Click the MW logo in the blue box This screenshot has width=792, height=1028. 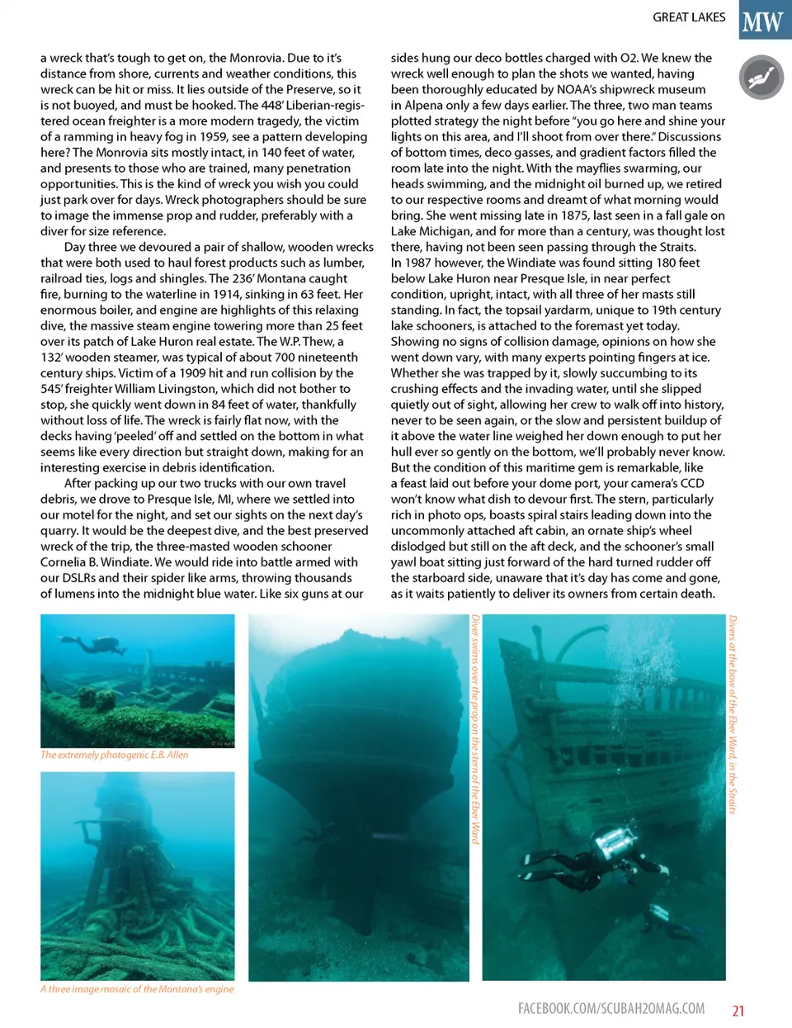[x=764, y=20]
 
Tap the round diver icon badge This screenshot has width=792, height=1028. [x=761, y=78]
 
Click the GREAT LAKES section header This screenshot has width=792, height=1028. [x=689, y=17]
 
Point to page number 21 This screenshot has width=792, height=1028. [x=738, y=1011]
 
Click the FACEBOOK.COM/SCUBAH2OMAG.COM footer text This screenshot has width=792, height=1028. [x=611, y=1008]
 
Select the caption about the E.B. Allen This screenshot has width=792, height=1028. [x=115, y=755]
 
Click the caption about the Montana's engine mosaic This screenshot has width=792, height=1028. [x=137, y=988]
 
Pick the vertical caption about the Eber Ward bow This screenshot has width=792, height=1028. [x=732, y=714]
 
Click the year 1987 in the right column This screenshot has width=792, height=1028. [x=419, y=263]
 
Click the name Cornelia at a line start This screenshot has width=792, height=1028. [x=64, y=562]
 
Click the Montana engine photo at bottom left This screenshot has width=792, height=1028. [x=137, y=875]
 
